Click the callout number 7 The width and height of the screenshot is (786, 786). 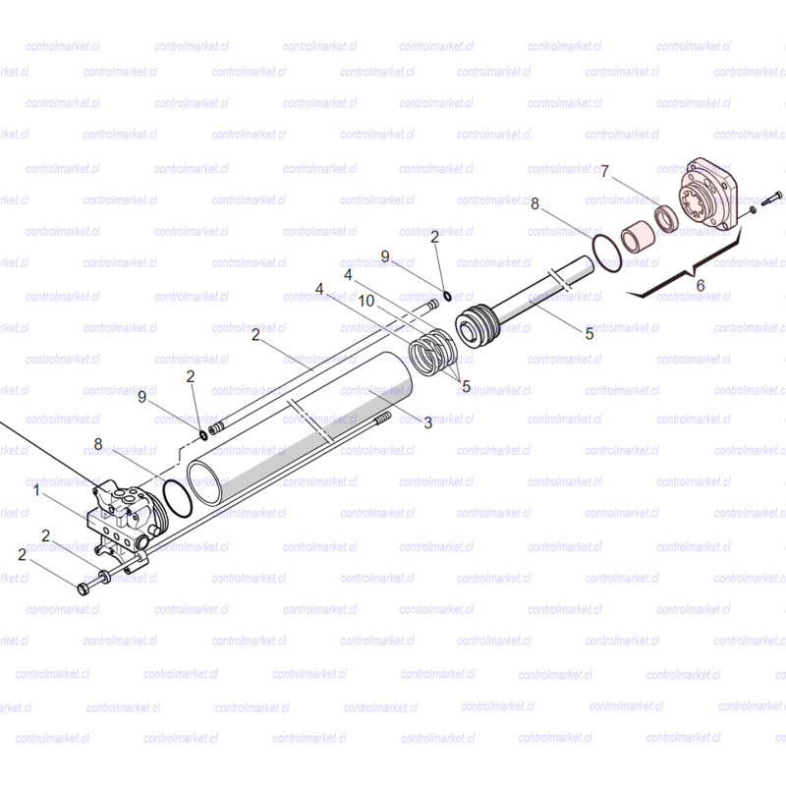coord(604,171)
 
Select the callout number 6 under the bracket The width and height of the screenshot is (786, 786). coord(701,285)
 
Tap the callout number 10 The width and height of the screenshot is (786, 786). coord(366,301)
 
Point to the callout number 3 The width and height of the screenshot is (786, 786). coord(427,423)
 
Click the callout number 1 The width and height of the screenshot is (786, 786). coord(36,489)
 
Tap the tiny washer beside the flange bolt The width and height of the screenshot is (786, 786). coord(753,209)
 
